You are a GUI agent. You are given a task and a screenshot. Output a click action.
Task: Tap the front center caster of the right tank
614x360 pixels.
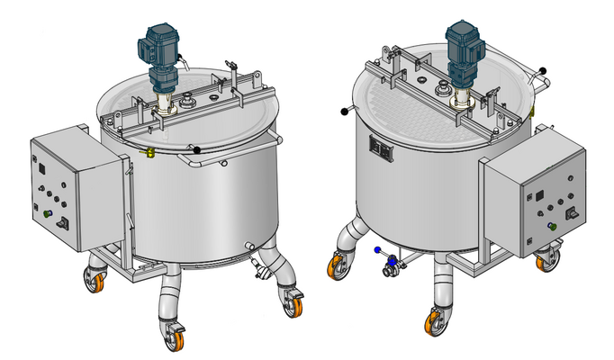point(437,320)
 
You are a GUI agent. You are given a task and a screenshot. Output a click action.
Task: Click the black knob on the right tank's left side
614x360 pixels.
point(345,112)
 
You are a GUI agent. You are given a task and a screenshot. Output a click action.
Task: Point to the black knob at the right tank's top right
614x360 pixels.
point(543,71)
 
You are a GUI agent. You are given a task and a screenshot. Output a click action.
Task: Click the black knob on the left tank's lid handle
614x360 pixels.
point(194,148)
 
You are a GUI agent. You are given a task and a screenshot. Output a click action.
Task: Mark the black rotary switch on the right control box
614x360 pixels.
point(570,214)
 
